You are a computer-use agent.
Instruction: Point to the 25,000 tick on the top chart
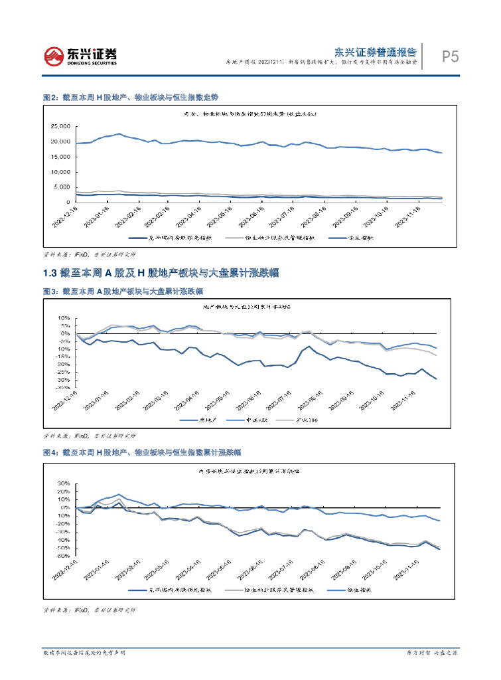coord(60,126)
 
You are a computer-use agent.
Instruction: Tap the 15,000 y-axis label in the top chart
coord(60,157)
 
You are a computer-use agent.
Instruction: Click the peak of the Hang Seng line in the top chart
coord(119,134)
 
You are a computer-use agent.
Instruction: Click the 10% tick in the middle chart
coord(64,318)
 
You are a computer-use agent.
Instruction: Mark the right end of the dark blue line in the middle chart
coord(436,379)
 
